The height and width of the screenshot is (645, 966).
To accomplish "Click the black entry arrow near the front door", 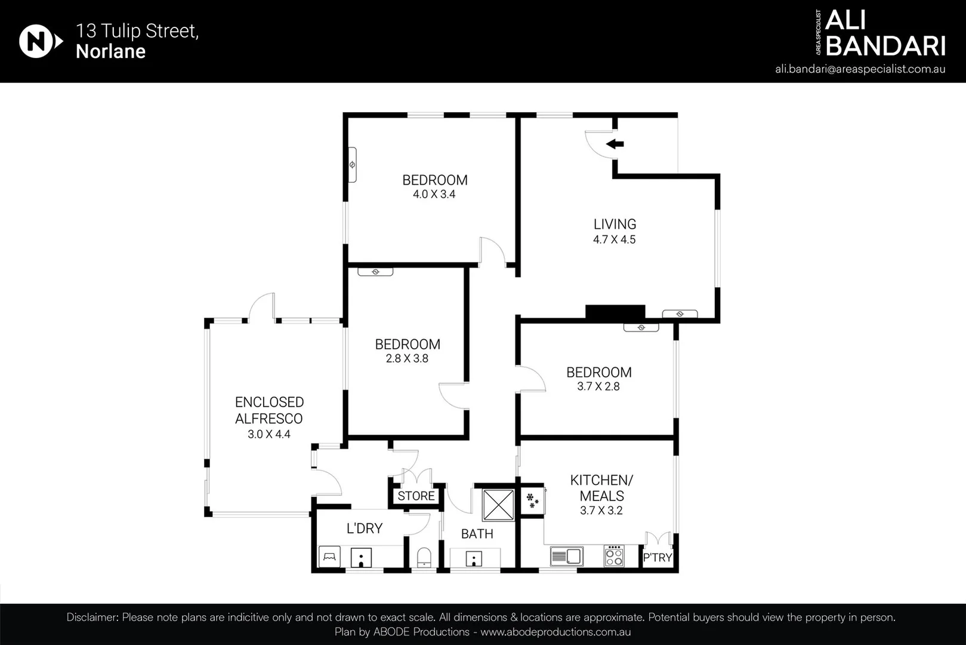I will (x=615, y=144).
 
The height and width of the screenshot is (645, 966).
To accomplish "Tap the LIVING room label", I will (x=615, y=225).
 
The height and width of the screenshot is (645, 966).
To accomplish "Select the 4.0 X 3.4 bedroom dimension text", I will (x=434, y=195).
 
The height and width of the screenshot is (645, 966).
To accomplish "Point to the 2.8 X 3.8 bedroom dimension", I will (x=407, y=359).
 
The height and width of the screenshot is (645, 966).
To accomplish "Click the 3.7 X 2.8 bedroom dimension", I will (x=598, y=386).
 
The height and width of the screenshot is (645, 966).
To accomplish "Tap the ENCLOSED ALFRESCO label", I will (x=269, y=410).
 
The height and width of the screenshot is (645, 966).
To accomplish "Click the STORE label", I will (x=416, y=496).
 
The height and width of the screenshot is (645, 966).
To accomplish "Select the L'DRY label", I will (x=365, y=529).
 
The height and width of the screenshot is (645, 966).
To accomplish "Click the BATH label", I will (x=477, y=534).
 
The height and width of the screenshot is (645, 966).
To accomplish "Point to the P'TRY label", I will (x=657, y=558).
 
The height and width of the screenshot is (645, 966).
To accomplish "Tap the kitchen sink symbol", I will (x=566, y=557).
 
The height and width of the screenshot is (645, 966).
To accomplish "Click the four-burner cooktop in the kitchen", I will (x=614, y=556).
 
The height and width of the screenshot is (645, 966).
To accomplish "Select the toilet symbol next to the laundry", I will (x=424, y=557).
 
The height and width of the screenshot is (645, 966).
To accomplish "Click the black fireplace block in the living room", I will (x=615, y=312).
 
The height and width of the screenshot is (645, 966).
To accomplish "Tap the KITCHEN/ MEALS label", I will (x=601, y=488).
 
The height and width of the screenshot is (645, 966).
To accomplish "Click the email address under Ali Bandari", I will (x=860, y=69).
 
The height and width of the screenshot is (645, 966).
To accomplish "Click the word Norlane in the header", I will (x=110, y=51).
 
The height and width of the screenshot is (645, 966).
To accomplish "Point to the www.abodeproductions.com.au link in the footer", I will (x=555, y=632).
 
